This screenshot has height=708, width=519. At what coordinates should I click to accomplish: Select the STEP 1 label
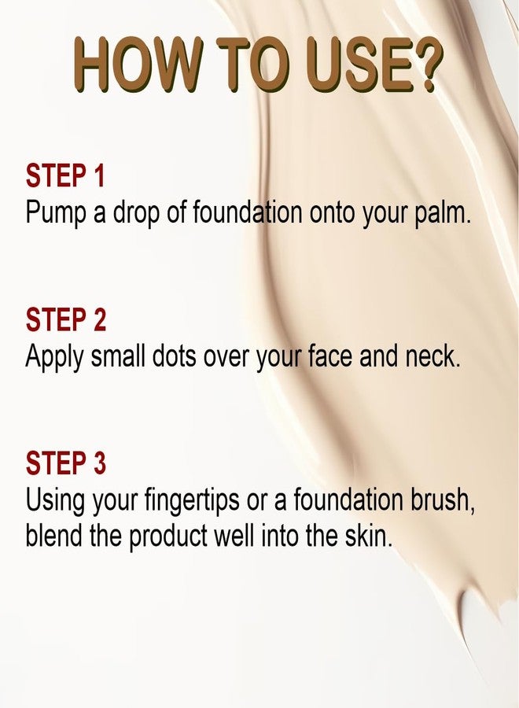coord(65,176)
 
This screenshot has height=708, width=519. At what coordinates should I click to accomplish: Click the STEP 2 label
coord(65,320)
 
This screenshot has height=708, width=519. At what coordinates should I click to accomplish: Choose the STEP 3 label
coord(65,463)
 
